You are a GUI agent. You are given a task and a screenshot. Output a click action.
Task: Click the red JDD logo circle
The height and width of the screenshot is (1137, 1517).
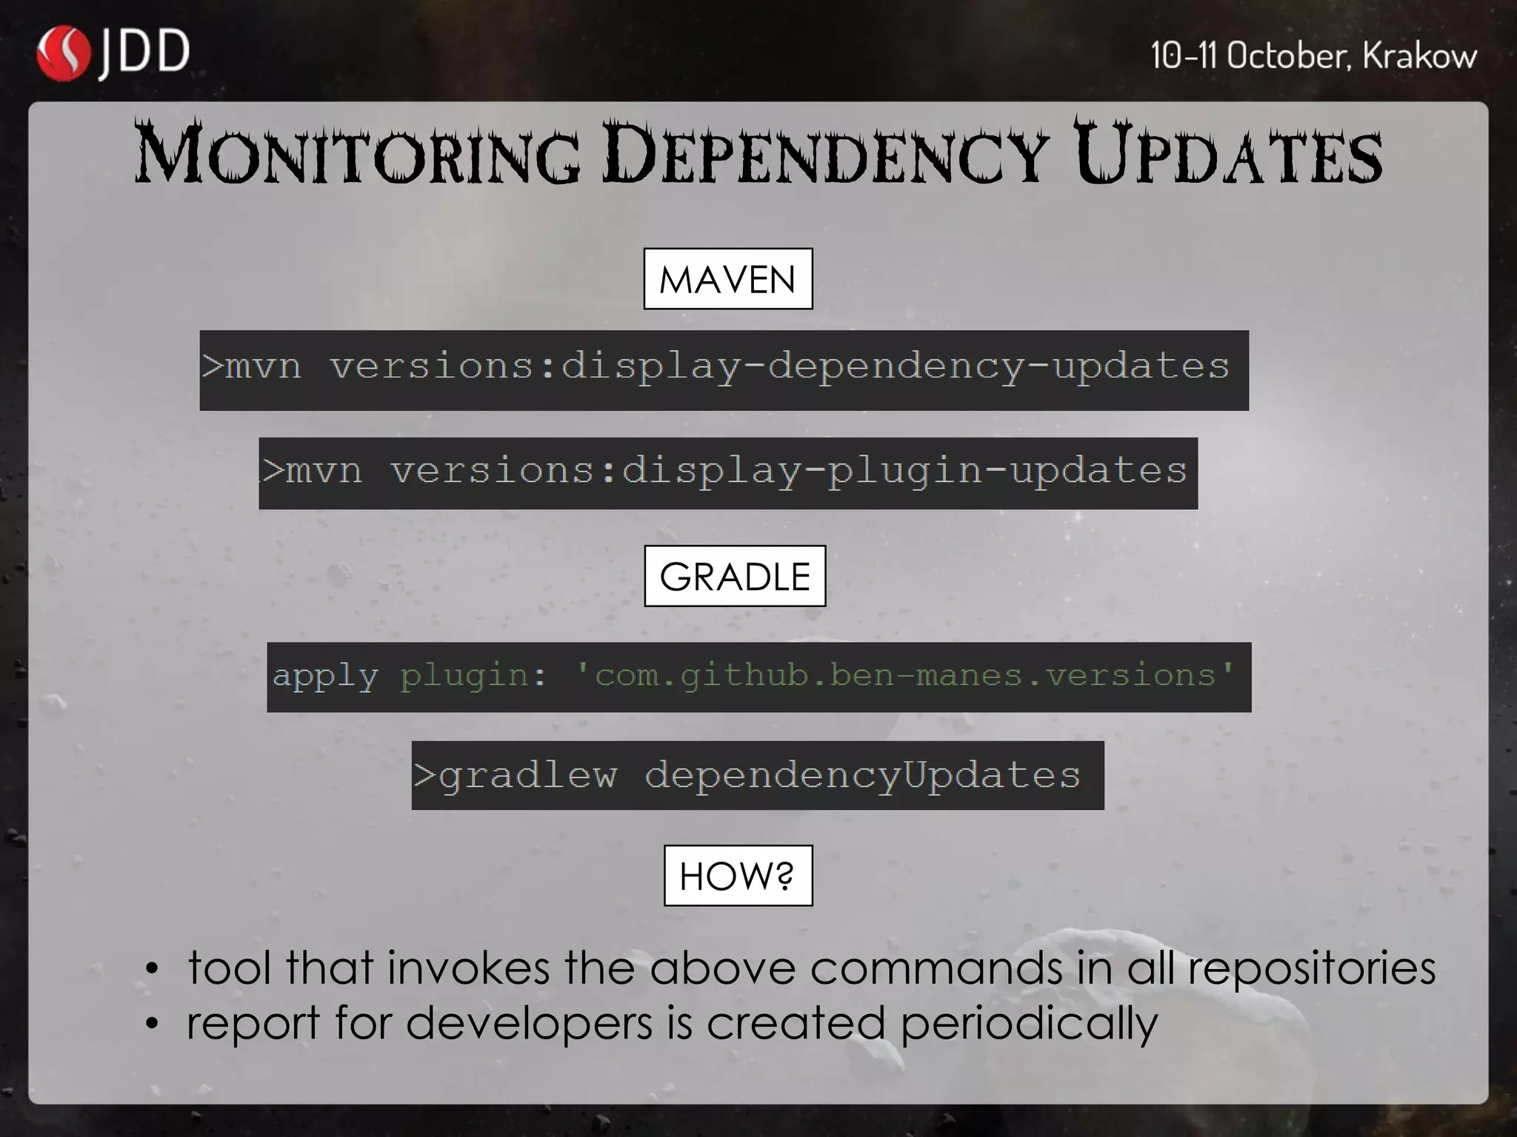tap(64, 53)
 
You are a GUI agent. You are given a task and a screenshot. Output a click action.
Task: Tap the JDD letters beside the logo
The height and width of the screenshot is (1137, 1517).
tap(144, 53)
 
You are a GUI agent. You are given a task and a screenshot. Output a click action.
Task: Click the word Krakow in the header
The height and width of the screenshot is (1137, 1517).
tap(1419, 56)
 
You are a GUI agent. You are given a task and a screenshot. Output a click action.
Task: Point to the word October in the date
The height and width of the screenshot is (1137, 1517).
tap(1289, 56)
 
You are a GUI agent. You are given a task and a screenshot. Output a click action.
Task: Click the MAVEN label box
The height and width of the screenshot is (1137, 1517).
tap(727, 279)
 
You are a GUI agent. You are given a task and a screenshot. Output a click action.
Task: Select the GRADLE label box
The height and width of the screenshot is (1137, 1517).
tap(735, 577)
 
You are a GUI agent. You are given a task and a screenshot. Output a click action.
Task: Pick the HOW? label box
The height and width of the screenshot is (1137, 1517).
tap(738, 876)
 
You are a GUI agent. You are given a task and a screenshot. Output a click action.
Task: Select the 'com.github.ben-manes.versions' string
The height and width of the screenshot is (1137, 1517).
tap(905, 675)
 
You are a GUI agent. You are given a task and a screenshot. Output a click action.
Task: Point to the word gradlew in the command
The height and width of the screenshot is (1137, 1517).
tap(527, 776)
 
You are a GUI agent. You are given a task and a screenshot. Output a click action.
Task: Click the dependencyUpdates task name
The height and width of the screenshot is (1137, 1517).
tap(862, 776)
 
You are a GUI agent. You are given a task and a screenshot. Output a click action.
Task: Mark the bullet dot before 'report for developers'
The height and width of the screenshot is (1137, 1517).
tap(152, 1024)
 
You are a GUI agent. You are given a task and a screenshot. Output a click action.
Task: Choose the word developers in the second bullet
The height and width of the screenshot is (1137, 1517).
tap(529, 1023)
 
